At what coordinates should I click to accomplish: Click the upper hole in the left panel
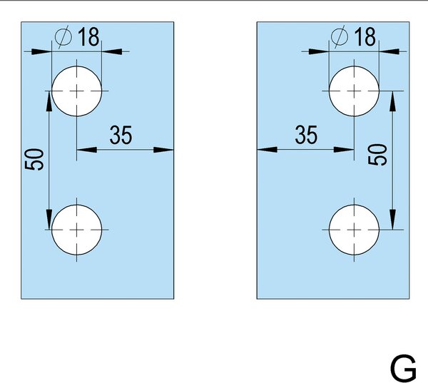pyautogui.click(x=77, y=91)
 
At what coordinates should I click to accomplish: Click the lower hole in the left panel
pyautogui.click(x=77, y=230)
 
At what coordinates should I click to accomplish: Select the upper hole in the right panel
pyautogui.click(x=354, y=91)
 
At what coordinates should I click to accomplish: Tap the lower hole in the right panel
pyautogui.click(x=354, y=230)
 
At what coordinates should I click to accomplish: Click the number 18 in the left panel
pyautogui.click(x=88, y=37)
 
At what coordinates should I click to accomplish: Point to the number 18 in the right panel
pyautogui.click(x=365, y=37)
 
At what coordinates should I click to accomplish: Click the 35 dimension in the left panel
pyautogui.click(x=121, y=135)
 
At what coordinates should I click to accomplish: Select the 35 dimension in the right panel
pyautogui.click(x=306, y=135)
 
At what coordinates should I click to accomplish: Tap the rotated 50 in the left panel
pyautogui.click(x=34, y=160)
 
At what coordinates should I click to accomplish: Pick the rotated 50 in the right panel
pyautogui.click(x=377, y=155)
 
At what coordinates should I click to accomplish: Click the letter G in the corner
pyautogui.click(x=403, y=368)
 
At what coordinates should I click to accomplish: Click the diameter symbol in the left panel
pyautogui.click(x=63, y=37)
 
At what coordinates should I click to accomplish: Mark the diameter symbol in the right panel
pyautogui.click(x=340, y=37)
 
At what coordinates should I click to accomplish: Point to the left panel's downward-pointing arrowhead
pyautogui.click(x=49, y=220)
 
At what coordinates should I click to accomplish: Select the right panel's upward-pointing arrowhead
pyautogui.click(x=392, y=101)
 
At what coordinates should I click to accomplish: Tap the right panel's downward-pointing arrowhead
pyautogui.click(x=392, y=220)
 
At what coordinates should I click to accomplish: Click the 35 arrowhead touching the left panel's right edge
pyautogui.click(x=163, y=150)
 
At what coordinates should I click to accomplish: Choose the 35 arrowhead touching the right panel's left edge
pyautogui.click(x=267, y=150)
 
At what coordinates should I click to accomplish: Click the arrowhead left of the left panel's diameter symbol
pyautogui.click(x=41, y=51)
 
